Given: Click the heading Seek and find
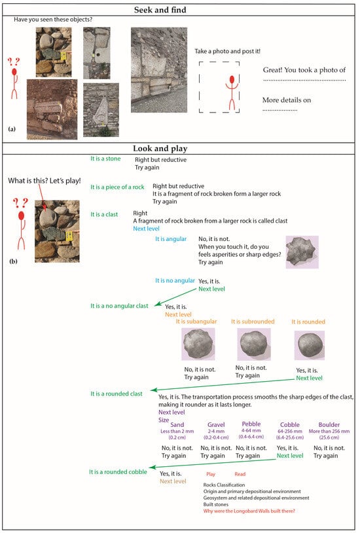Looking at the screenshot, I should [179, 10].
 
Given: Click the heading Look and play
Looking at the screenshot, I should [179, 148].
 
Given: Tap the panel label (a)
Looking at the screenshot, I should [12, 129].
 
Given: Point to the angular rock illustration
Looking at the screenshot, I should [302, 252].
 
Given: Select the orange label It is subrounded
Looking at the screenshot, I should [253, 322].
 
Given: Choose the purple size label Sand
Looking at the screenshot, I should [177, 424].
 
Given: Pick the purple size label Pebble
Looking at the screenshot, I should [251, 424].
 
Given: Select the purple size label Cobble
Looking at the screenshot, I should [289, 424].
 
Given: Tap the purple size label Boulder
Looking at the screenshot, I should [329, 424].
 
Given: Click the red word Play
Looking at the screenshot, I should [210, 473].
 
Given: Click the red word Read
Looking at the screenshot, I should [240, 473].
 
